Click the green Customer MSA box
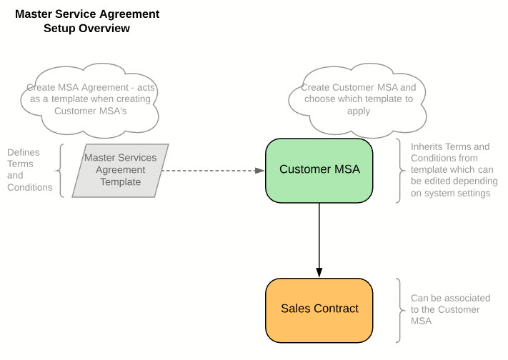pyautogui.click(x=319, y=170)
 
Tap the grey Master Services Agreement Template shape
pyautogui.click(x=120, y=170)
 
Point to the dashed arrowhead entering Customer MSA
pyautogui.click(x=259, y=171)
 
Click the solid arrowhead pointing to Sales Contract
pyautogui.click(x=319, y=272)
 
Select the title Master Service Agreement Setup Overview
pyautogui.click(x=87, y=21)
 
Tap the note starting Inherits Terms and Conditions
pyautogui.click(x=450, y=170)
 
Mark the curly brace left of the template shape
pyautogui.click(x=60, y=171)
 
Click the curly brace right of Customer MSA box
pyautogui.click(x=399, y=170)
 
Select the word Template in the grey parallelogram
pyautogui.click(x=120, y=182)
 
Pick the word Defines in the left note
pyautogui.click(x=23, y=152)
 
